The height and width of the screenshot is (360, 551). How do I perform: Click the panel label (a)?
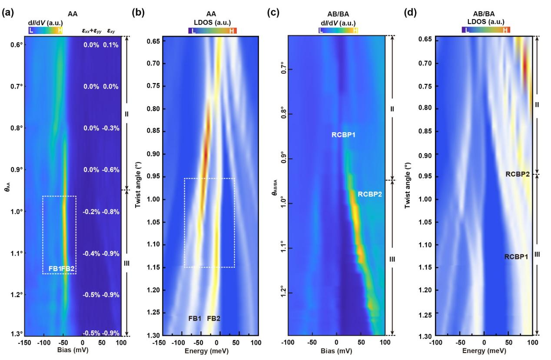(7, 13)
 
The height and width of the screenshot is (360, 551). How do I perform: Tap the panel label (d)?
(409, 13)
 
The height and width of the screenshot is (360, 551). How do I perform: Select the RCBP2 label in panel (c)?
(370, 194)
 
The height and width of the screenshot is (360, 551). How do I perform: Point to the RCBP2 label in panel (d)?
(517, 174)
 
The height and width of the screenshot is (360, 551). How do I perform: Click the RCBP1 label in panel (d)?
(516, 257)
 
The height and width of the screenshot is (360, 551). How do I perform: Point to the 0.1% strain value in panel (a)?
(111, 45)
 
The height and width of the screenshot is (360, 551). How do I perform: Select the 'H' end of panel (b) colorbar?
(233, 30)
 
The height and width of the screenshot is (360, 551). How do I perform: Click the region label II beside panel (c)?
(392, 108)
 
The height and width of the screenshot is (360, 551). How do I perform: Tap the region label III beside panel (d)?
(537, 254)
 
